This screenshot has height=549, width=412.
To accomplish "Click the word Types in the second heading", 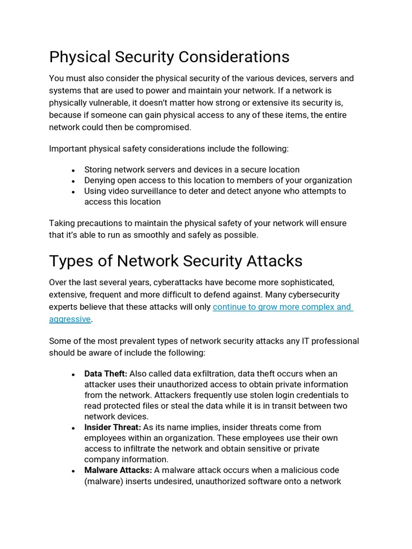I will point(70,261).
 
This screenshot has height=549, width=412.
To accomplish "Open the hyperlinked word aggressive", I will point(70,319).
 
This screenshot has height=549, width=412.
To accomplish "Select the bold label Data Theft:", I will point(106,374).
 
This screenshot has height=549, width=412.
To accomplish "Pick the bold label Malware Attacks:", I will point(118,470).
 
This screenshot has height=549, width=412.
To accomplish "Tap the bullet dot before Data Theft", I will point(72,374).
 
